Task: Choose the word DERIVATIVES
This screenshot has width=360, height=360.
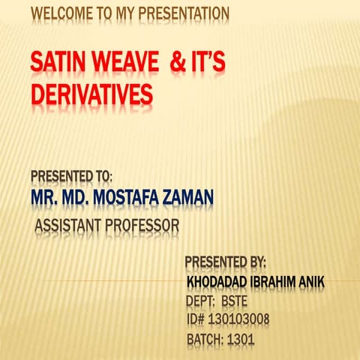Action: pyautogui.click(x=92, y=95)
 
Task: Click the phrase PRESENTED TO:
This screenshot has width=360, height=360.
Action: pyautogui.click(x=72, y=176)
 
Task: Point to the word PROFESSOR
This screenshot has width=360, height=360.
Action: pyautogui.click(x=142, y=225)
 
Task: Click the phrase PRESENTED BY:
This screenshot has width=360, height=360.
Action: pyautogui.click(x=226, y=262)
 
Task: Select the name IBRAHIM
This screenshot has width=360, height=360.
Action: pyautogui.click(x=280, y=282)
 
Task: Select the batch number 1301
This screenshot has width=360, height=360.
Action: pyautogui.click(x=241, y=340)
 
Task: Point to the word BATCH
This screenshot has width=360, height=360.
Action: pyautogui.click(x=204, y=340)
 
